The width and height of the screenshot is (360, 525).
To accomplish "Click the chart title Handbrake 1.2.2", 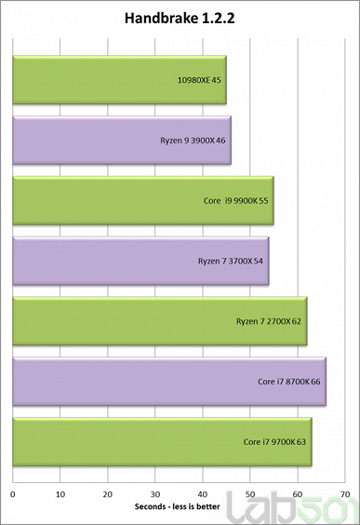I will (x=179, y=18).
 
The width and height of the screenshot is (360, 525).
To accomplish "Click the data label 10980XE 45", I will (x=203, y=80).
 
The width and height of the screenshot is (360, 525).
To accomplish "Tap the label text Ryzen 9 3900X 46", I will (x=193, y=141).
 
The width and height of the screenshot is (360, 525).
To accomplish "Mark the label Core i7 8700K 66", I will (x=288, y=381).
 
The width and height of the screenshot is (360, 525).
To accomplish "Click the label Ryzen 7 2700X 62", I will (x=269, y=321).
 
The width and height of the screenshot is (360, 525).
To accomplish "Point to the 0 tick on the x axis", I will (x=12, y=493).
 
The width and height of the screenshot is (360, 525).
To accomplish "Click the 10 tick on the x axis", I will (x=60, y=493).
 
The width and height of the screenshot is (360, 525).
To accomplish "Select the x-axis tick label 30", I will (x=154, y=493).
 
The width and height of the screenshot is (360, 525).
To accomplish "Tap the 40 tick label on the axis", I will (x=202, y=493).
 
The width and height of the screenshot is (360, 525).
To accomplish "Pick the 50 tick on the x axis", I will (x=249, y=493).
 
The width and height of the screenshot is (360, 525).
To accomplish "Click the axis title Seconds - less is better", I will (x=179, y=508).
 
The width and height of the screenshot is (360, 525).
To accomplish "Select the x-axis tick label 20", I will (x=107, y=493).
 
